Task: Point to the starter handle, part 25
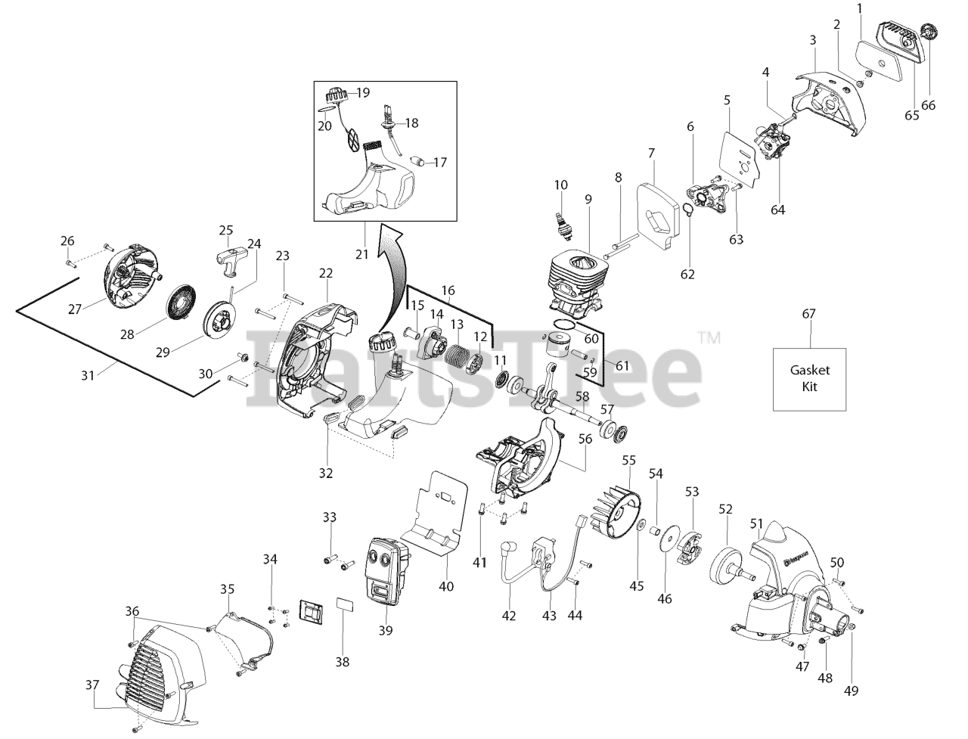228,250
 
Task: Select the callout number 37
92,685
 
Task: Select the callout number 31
88,374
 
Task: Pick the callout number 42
509,616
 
